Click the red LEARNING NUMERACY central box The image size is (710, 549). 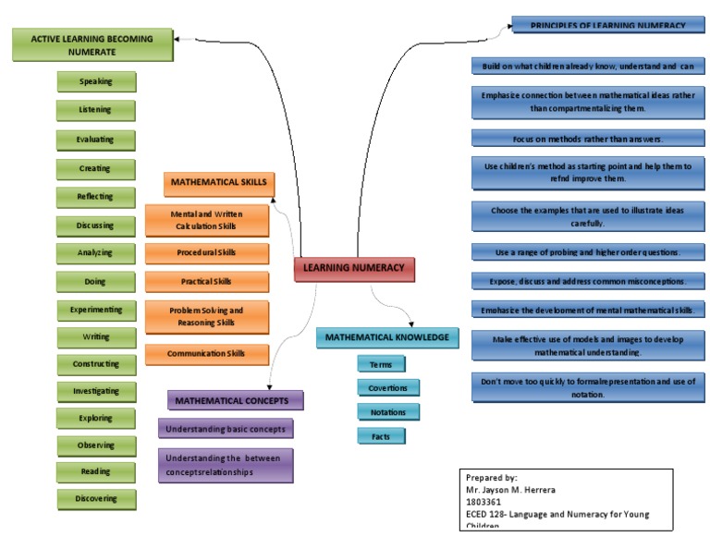(x=354, y=268)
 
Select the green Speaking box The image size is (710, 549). (x=95, y=81)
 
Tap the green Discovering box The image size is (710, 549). (x=95, y=498)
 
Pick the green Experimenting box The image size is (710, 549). (x=95, y=309)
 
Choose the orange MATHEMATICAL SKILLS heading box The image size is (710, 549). (x=218, y=184)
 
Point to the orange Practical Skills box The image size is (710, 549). (x=206, y=281)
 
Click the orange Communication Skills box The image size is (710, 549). (x=206, y=354)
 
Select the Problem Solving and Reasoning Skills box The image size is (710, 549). (x=206, y=317)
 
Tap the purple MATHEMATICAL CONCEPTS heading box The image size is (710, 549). (x=236, y=400)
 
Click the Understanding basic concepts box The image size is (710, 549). (x=226, y=429)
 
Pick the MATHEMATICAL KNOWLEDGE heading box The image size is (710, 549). (x=387, y=337)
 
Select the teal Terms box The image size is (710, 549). (x=381, y=365)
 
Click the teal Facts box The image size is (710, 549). (x=381, y=435)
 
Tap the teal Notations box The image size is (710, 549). (x=381, y=411)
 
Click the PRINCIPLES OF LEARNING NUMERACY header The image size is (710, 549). (x=607, y=25)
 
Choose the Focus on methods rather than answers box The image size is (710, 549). (x=588, y=138)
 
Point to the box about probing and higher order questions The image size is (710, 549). (x=588, y=251)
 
